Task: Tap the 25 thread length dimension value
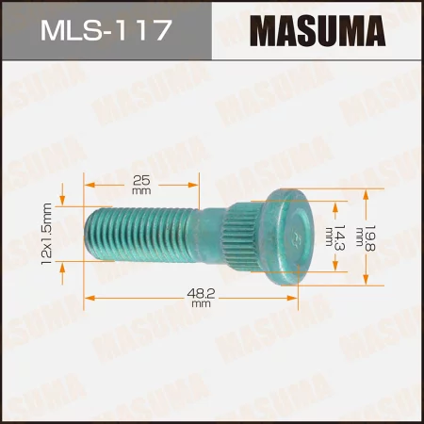142,155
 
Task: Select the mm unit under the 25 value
142,165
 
